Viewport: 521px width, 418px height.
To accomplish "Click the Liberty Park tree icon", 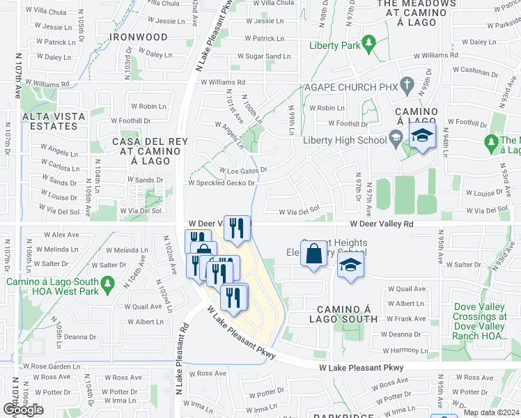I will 366,46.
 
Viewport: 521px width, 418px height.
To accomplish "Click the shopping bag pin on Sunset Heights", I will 313,253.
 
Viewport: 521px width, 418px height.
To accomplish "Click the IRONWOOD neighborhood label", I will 142,36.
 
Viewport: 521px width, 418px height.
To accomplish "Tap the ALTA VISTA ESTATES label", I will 49,121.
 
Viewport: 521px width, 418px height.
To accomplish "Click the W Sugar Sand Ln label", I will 263,56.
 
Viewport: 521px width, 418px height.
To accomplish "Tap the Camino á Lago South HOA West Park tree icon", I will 107,284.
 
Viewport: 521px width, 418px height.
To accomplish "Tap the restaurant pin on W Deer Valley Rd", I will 237,228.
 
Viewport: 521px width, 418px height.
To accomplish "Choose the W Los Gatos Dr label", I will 242,170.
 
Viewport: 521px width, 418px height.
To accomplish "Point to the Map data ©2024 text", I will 491,412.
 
